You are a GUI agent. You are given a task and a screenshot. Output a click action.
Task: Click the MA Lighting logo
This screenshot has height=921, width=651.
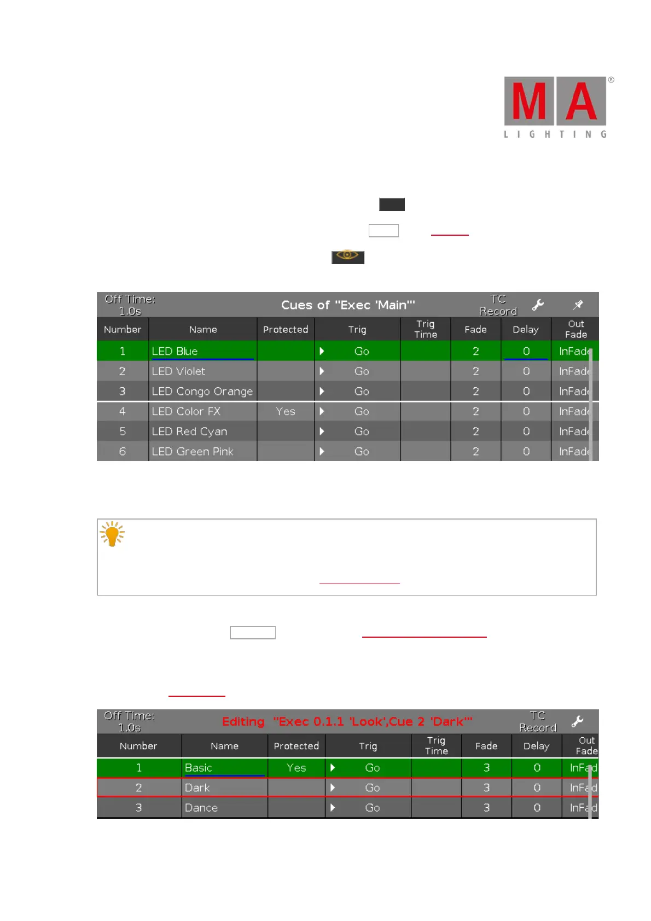(x=555, y=107)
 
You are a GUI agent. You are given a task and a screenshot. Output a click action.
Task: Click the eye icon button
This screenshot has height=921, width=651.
(x=347, y=257)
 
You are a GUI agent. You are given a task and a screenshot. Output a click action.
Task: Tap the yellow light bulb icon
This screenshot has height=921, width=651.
(x=113, y=534)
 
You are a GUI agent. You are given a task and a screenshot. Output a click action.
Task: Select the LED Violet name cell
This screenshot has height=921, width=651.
(x=202, y=371)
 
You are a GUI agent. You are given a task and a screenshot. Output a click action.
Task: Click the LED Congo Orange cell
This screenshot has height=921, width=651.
(x=202, y=392)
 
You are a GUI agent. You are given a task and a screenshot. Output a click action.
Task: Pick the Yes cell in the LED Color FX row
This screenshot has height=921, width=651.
(x=286, y=411)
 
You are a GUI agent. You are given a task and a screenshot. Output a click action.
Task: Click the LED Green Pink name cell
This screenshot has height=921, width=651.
(x=202, y=452)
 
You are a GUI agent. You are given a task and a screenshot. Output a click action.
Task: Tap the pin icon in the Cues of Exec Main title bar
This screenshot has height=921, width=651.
(x=578, y=305)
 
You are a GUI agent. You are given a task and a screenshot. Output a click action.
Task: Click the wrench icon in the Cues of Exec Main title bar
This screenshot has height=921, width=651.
(x=538, y=305)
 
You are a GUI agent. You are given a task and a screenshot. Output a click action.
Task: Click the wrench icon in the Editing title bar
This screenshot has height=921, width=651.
(x=577, y=721)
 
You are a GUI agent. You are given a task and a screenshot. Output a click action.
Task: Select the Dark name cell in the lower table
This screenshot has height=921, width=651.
(x=224, y=788)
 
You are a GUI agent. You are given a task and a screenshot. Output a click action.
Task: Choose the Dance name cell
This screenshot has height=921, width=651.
(x=224, y=808)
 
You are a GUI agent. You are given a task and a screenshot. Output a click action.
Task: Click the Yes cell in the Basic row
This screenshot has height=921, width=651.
(x=297, y=768)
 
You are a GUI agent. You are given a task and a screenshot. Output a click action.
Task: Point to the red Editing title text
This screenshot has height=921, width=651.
(x=347, y=721)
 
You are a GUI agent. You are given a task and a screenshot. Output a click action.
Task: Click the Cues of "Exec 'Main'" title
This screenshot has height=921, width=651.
(x=348, y=305)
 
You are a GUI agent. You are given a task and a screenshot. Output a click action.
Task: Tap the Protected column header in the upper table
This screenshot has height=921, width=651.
(x=286, y=329)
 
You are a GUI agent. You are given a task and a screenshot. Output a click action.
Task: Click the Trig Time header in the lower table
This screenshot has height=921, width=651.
(x=436, y=745)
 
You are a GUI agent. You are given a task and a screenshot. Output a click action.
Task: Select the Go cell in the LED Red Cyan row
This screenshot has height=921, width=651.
(x=361, y=432)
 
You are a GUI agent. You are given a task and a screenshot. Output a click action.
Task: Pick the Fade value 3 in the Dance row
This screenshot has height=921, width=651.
(x=486, y=808)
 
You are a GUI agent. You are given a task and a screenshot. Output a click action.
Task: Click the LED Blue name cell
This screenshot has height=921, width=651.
(x=202, y=351)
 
